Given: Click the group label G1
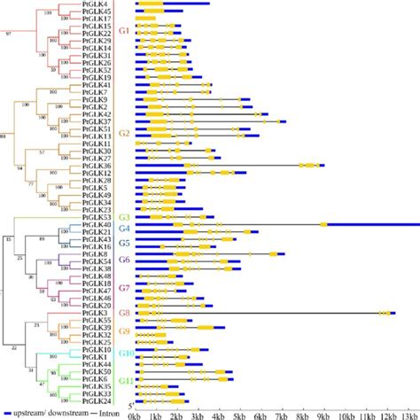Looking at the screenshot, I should point(124,31).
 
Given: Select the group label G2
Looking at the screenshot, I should point(124,133).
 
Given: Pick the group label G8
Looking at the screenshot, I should point(124,313).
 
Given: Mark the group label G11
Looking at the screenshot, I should point(125,382).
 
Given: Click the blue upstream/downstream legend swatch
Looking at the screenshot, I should point(8,414).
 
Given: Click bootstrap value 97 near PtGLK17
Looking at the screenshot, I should point(9,33).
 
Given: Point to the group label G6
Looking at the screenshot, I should point(124,260).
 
